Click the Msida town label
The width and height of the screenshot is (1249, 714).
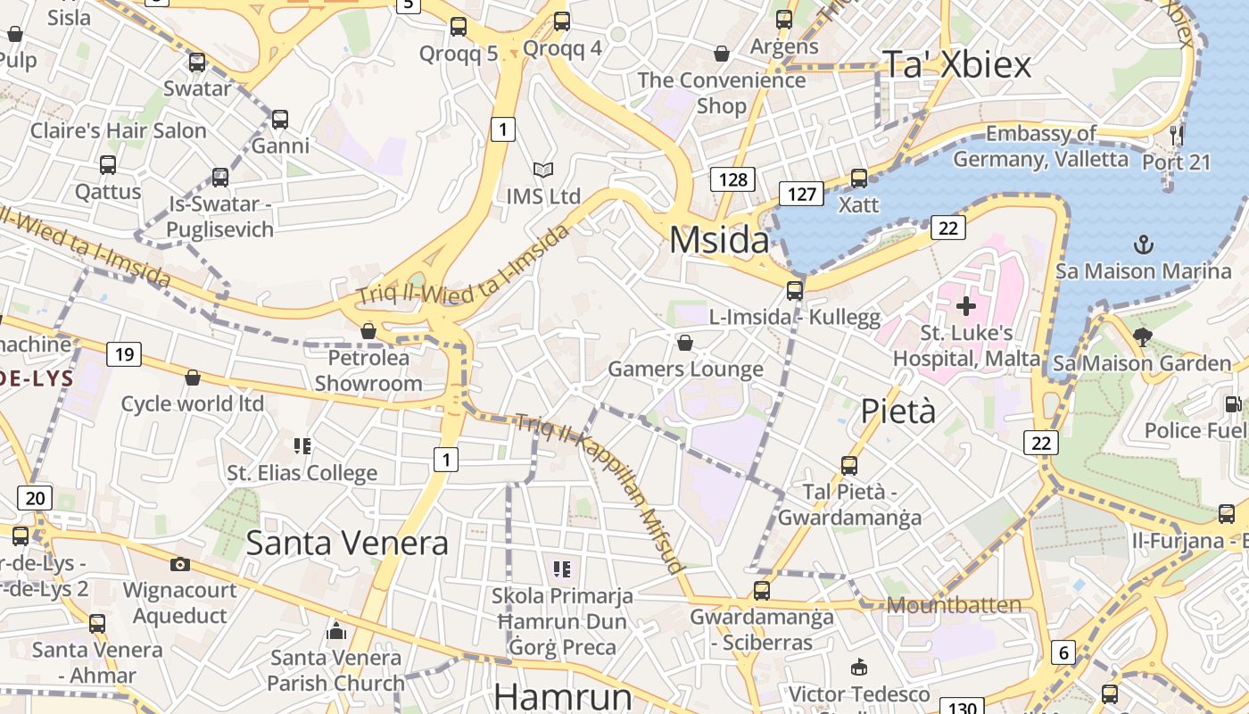719,240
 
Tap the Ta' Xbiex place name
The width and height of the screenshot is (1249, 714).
955,64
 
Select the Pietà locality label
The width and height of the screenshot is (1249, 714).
898,411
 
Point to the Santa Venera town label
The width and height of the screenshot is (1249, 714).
347,543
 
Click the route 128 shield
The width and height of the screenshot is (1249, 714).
733,179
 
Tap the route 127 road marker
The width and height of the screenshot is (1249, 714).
800,194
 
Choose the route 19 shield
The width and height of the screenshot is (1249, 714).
124,354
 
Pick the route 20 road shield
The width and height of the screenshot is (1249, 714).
34,498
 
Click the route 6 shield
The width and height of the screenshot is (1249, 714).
1063,652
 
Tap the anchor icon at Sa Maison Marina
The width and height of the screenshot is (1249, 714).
1143,244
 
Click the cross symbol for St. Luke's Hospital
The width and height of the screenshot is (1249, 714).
965,306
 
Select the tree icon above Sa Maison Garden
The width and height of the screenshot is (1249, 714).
1142,337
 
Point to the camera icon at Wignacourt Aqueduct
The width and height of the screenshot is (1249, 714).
179,564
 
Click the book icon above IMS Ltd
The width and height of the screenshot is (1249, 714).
542,170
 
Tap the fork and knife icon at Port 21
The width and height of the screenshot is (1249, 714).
1177,135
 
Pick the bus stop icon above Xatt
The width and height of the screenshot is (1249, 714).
858,178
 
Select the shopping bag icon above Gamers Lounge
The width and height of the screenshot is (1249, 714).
685,343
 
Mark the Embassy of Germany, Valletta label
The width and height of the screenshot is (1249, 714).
1040,146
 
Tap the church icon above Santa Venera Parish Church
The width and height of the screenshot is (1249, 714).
336,632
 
